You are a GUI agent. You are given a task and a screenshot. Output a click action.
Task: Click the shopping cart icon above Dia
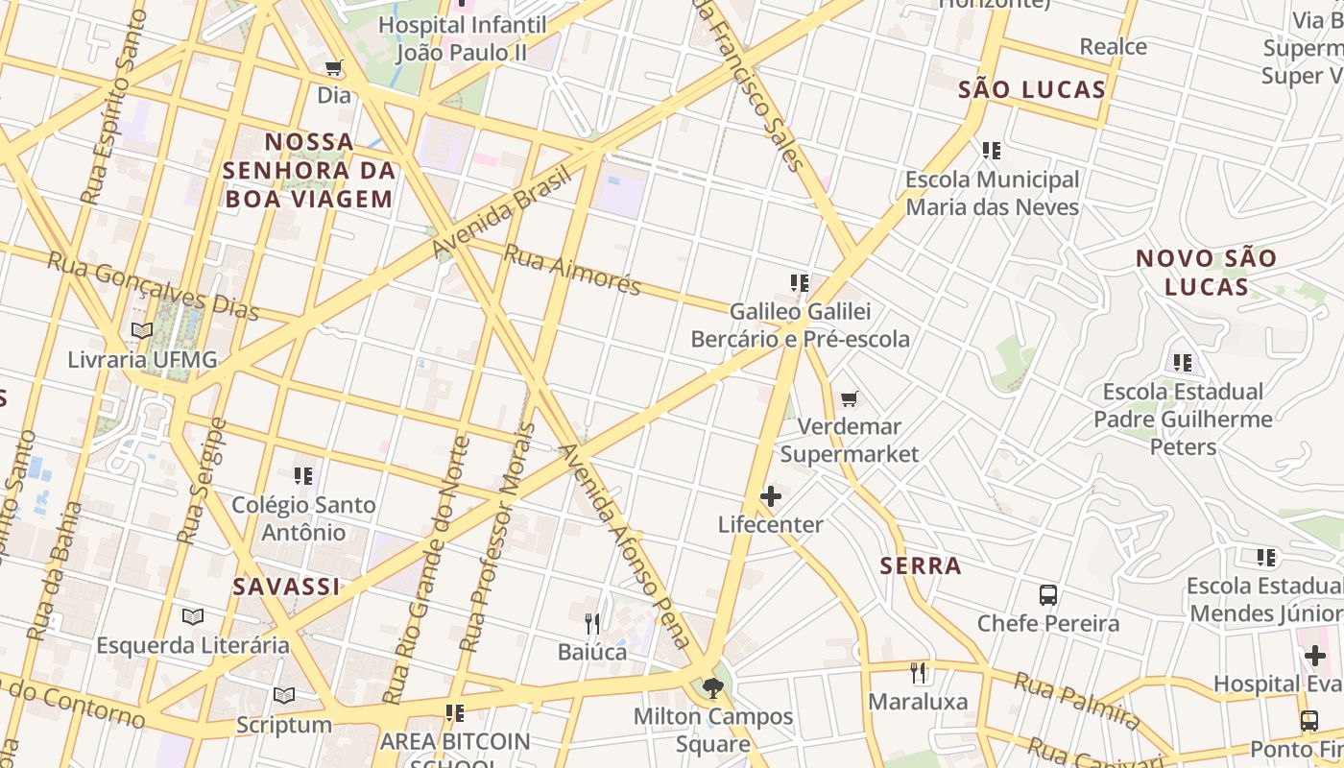click(334, 68)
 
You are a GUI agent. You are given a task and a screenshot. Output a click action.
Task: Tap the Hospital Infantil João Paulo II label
click(462, 38)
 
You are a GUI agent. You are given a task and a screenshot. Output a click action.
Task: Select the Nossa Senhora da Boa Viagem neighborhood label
click(309, 171)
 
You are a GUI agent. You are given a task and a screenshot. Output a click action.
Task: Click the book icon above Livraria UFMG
click(142, 331)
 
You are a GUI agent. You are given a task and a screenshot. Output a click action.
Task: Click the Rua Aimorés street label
click(571, 270)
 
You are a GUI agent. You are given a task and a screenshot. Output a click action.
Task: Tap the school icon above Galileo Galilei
click(800, 283)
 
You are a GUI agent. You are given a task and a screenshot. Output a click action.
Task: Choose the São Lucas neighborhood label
click(1032, 90)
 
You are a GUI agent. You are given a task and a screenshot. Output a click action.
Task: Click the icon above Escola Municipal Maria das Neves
click(992, 151)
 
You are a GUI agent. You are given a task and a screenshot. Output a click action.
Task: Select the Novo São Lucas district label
click(1206, 272)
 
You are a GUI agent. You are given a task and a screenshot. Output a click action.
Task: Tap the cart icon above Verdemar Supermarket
click(849, 398)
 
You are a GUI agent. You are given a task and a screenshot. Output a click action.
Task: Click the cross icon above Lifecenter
click(771, 496)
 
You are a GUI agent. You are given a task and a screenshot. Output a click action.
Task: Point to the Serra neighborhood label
click(921, 565)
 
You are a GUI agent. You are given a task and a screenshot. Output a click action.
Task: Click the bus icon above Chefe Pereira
click(1048, 595)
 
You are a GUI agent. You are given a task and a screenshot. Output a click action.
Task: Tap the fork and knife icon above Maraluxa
click(919, 673)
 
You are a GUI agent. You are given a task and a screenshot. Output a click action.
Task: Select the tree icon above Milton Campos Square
click(712, 687)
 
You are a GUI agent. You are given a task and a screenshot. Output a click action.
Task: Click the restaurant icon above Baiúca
click(592, 624)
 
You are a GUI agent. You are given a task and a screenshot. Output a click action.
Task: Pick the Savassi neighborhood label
click(286, 587)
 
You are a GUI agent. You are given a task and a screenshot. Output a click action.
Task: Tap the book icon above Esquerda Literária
click(193, 616)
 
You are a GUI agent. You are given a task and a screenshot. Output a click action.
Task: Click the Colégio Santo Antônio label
click(303, 518)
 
